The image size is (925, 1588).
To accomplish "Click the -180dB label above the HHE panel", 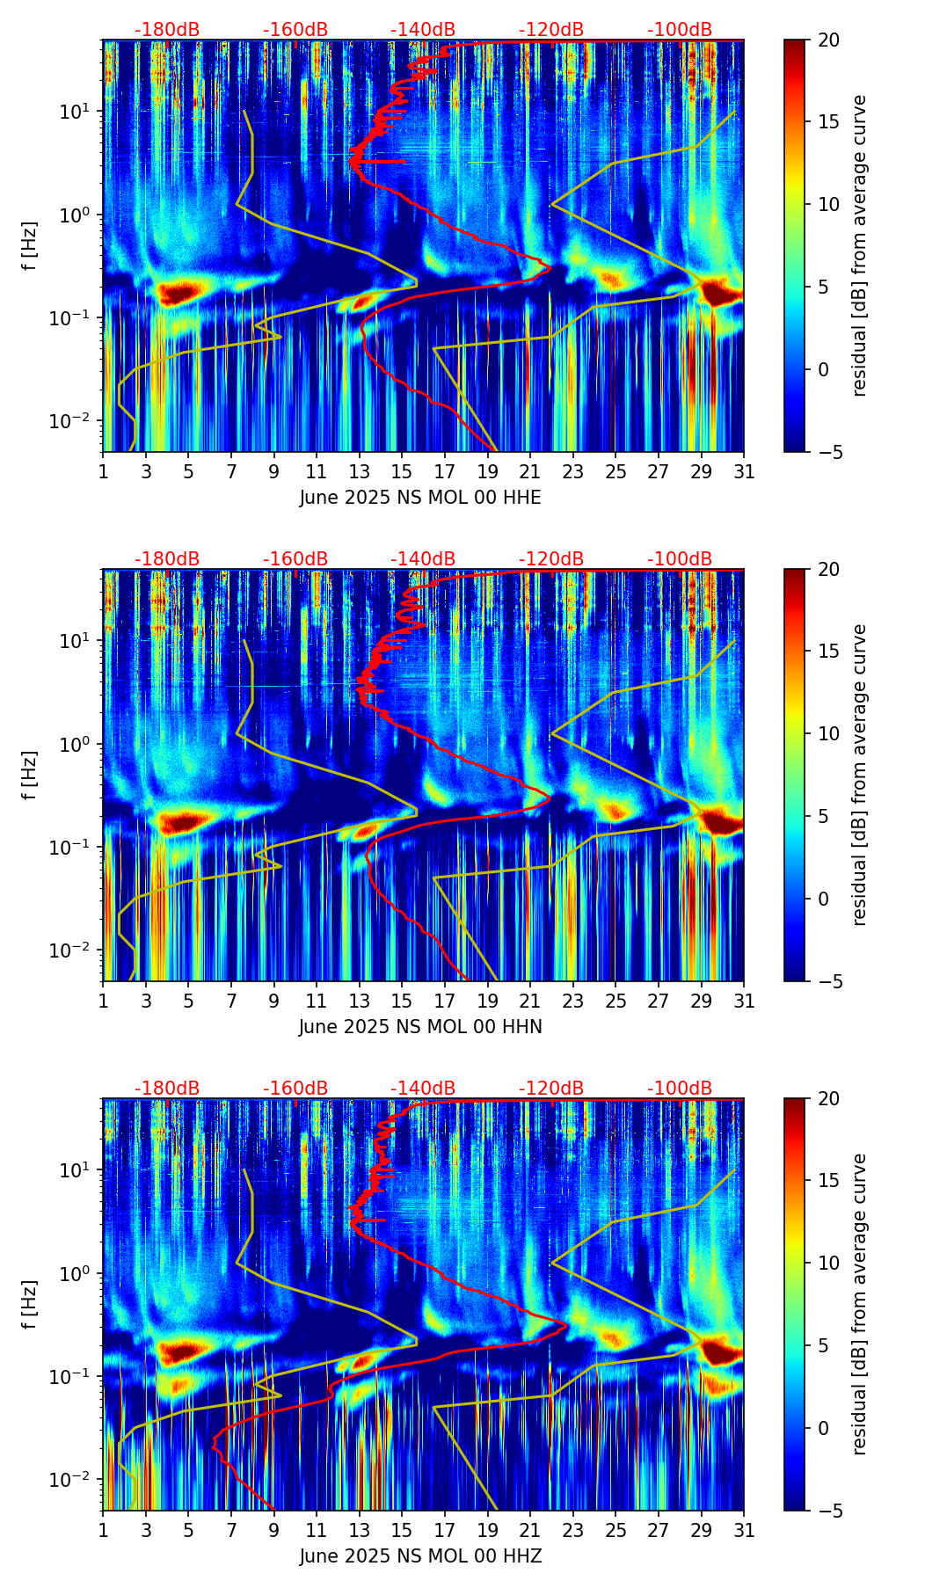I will pos(167,30).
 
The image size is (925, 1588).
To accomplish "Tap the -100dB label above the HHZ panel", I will pos(680,1089).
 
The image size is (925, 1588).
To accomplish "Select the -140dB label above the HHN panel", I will pos(423,559).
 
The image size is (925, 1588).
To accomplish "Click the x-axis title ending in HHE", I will pos(420,498).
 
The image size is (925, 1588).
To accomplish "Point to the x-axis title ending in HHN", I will pos(420,1027).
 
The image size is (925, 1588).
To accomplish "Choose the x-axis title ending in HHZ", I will pos(420,1556).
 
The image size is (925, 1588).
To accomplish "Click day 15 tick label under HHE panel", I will pos(402,472).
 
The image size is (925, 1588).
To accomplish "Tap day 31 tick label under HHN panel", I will pos(744,1002).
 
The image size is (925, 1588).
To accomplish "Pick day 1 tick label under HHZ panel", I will pos(104,1531).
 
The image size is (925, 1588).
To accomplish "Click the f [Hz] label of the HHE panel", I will pos(30,245).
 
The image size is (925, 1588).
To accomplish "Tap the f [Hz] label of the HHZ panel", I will pos(30,1304).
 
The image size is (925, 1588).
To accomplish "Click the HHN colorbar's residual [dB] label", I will pos(860,775).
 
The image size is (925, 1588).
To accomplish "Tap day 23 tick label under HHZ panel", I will pos(573,1531).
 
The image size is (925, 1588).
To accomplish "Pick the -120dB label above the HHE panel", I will pos(551,30).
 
